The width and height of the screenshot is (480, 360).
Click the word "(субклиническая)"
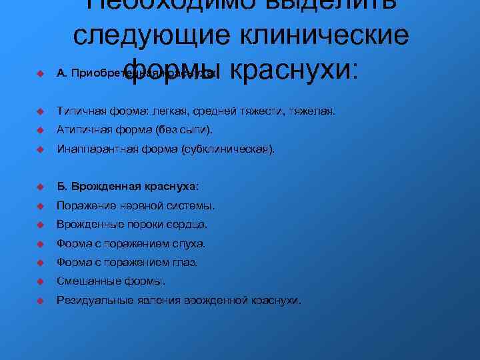coord(227,150)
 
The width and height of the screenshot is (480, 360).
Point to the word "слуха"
coord(191,243)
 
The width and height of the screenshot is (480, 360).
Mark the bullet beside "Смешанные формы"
coord(41,281)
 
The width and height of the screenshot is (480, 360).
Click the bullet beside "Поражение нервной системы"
coord(41,205)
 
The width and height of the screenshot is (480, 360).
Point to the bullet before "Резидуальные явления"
coord(41,301)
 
